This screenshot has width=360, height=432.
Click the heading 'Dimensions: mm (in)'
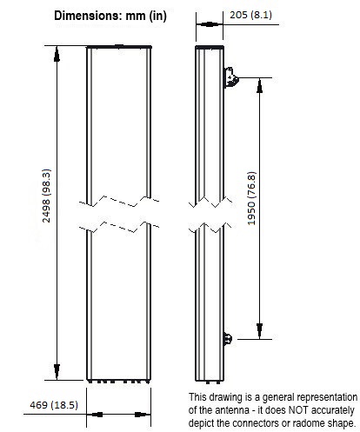pos(110,16)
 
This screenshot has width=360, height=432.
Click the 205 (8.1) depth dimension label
pos(251,15)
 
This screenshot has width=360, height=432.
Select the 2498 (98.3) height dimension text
pos(46,196)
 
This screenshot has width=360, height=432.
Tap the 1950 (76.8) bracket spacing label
pos(251,198)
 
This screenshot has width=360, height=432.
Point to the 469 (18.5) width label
pos(54,405)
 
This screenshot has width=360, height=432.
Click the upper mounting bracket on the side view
pos(231,77)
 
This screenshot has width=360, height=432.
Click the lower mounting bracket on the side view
pos(228,339)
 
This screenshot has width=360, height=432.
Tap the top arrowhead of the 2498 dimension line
pos(57,54)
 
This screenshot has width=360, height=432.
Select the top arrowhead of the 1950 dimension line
pos(259,86)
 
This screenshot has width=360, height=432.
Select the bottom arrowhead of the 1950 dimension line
pos(259,331)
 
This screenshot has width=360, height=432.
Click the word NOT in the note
pos(298,410)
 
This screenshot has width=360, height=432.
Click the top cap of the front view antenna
pos(119,46)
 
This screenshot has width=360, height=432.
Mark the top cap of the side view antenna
pos(210,47)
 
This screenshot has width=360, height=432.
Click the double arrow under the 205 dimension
pos(210,24)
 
